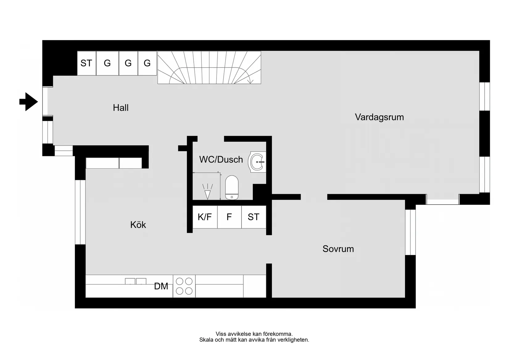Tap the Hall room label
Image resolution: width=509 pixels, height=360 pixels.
coord(121,108)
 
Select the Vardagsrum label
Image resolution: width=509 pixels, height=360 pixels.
coord(379,117)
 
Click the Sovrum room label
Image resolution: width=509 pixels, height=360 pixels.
coord(338,249)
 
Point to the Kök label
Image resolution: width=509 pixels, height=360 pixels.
coord(138,225)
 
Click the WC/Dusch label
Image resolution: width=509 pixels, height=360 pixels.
coord(221,160)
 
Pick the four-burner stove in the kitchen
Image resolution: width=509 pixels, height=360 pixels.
coord(184,286)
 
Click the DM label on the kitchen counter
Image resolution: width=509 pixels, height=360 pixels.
coord(161,287)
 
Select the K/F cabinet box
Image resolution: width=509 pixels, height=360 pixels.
coord(205,217)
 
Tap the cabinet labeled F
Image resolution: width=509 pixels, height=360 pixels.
coord(229,217)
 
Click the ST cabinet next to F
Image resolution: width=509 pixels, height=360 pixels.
coord(254,217)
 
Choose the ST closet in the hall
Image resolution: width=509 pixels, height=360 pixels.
coord(86,63)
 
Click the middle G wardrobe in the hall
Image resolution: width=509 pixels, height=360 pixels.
coord(128,63)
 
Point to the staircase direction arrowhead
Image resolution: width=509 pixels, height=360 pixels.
coord(250,82)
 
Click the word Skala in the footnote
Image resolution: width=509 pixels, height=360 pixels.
coord(206,340)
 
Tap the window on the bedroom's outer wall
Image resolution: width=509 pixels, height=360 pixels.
coord(410,232)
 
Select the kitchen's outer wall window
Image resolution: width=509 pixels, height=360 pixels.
coord(80,212)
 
